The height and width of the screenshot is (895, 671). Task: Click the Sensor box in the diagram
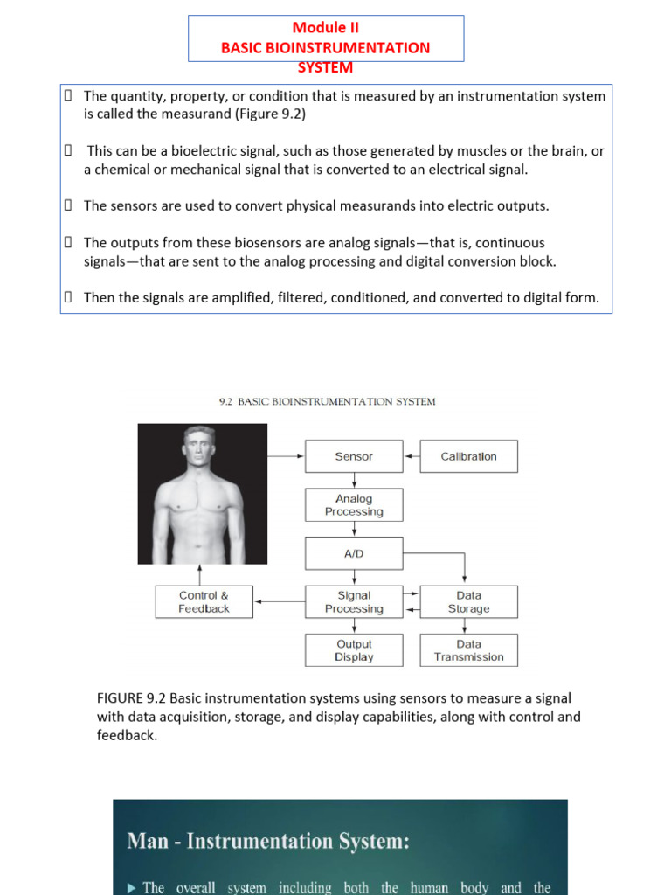point(354,456)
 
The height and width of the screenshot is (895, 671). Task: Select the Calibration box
point(468,456)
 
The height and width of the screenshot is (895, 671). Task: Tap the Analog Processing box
point(354,505)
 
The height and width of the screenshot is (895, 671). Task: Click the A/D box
point(354,553)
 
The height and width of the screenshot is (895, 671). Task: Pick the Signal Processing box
point(354,602)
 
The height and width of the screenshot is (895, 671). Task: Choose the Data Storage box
point(468,602)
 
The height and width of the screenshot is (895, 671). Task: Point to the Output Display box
point(354,650)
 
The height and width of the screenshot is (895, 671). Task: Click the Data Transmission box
point(468,650)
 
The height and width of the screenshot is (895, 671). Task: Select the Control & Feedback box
point(204,602)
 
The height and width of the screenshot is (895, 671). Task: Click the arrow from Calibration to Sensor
point(412,456)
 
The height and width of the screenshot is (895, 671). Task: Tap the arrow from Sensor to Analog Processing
point(354,481)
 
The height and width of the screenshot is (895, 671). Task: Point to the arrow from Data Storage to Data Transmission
point(468,626)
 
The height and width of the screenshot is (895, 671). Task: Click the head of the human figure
point(201,447)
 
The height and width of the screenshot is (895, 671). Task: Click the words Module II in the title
point(325,27)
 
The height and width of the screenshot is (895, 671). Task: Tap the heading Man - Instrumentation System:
point(268,841)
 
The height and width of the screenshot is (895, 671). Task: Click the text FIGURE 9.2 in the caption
point(131,697)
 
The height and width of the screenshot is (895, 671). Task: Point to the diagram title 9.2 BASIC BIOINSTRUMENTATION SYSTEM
point(326,402)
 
